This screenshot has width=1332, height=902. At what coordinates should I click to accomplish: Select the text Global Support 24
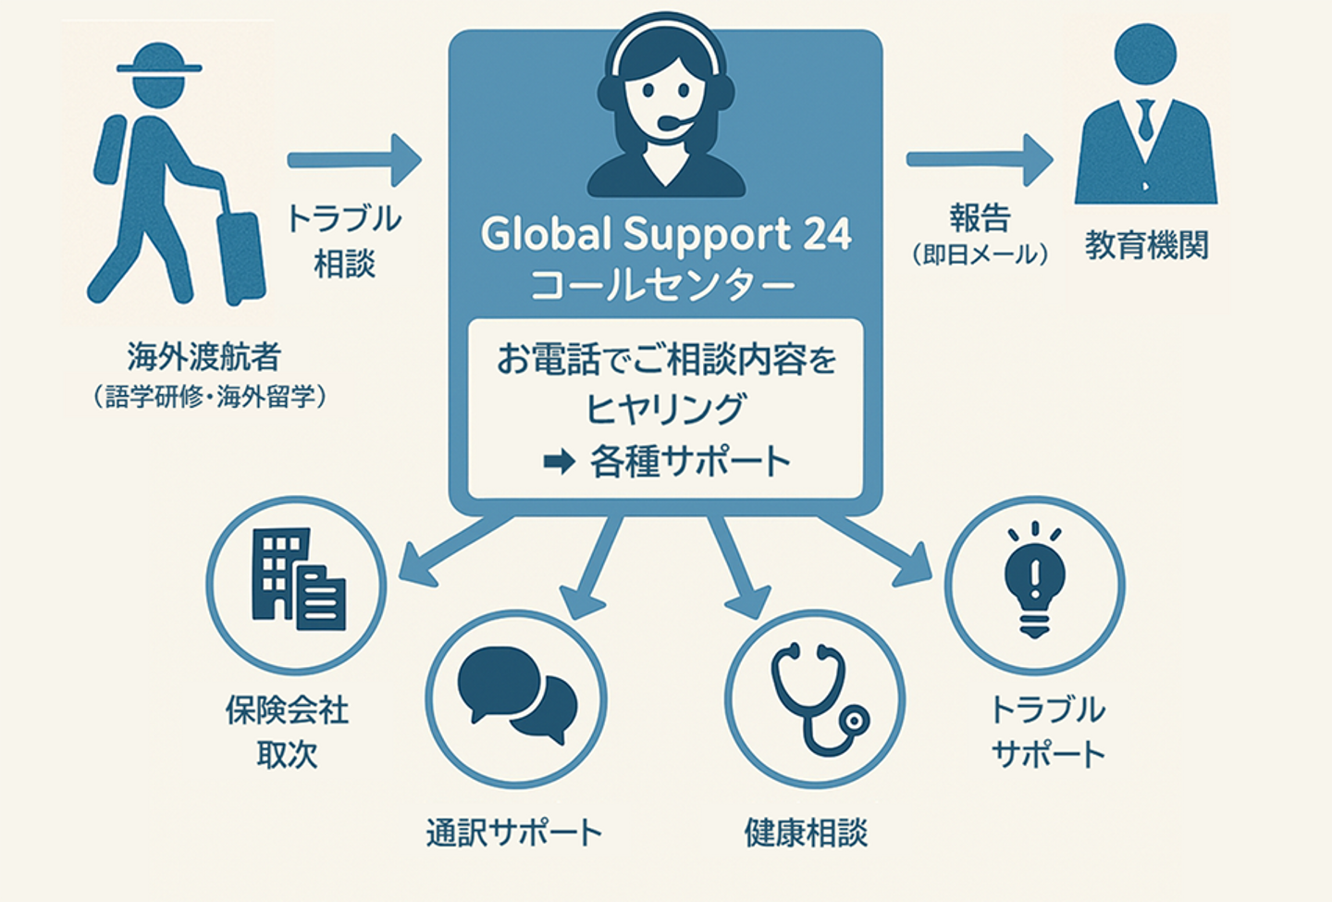pyautogui.click(x=666, y=234)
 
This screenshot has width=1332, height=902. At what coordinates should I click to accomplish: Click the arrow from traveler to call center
pyautogui.click(x=354, y=160)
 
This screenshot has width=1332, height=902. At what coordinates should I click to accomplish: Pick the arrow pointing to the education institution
pyautogui.click(x=980, y=160)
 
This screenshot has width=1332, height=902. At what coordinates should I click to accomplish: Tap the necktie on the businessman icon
pyautogui.click(x=1145, y=120)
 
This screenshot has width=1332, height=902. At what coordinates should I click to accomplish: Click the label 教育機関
pyautogui.click(x=1146, y=245)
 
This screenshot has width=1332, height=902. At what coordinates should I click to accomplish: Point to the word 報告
pyautogui.click(x=980, y=217)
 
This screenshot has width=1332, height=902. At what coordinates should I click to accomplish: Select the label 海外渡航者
pyautogui.click(x=203, y=357)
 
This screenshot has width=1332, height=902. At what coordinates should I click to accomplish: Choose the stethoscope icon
pyautogui.click(x=820, y=698)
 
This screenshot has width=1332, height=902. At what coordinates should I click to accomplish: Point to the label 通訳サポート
pyautogui.click(x=514, y=833)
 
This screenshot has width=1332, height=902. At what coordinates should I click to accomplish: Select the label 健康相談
pyautogui.click(x=807, y=833)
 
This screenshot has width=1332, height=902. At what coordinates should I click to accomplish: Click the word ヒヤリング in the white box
pyautogui.click(x=665, y=409)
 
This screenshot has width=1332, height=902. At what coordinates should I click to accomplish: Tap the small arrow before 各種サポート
pyautogui.click(x=559, y=462)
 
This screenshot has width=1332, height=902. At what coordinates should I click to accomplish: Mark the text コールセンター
pyautogui.click(x=662, y=286)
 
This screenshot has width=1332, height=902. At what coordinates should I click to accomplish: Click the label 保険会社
pyautogui.click(x=287, y=710)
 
